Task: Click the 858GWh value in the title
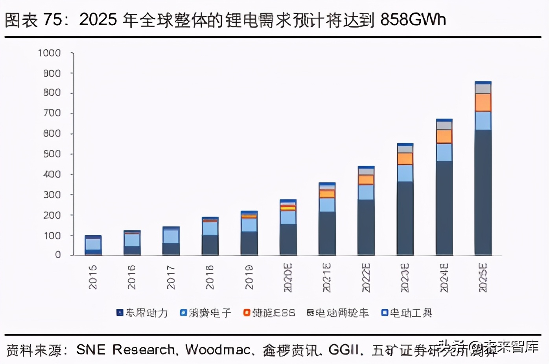(413, 19)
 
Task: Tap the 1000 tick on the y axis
(49, 53)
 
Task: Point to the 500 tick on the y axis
(52, 154)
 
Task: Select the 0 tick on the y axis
(58, 255)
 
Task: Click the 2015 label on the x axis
(93, 277)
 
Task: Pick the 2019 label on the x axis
(249, 277)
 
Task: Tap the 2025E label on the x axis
(483, 278)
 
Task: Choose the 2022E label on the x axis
(366, 278)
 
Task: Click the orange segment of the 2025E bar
(483, 102)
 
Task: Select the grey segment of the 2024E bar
(444, 126)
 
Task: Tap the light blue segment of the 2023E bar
(405, 173)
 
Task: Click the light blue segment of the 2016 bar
(132, 240)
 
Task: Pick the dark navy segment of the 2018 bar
(210, 245)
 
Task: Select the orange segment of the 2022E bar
(366, 180)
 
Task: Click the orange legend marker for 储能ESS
(247, 313)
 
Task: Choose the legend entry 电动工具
(411, 313)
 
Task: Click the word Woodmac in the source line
(218, 350)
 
